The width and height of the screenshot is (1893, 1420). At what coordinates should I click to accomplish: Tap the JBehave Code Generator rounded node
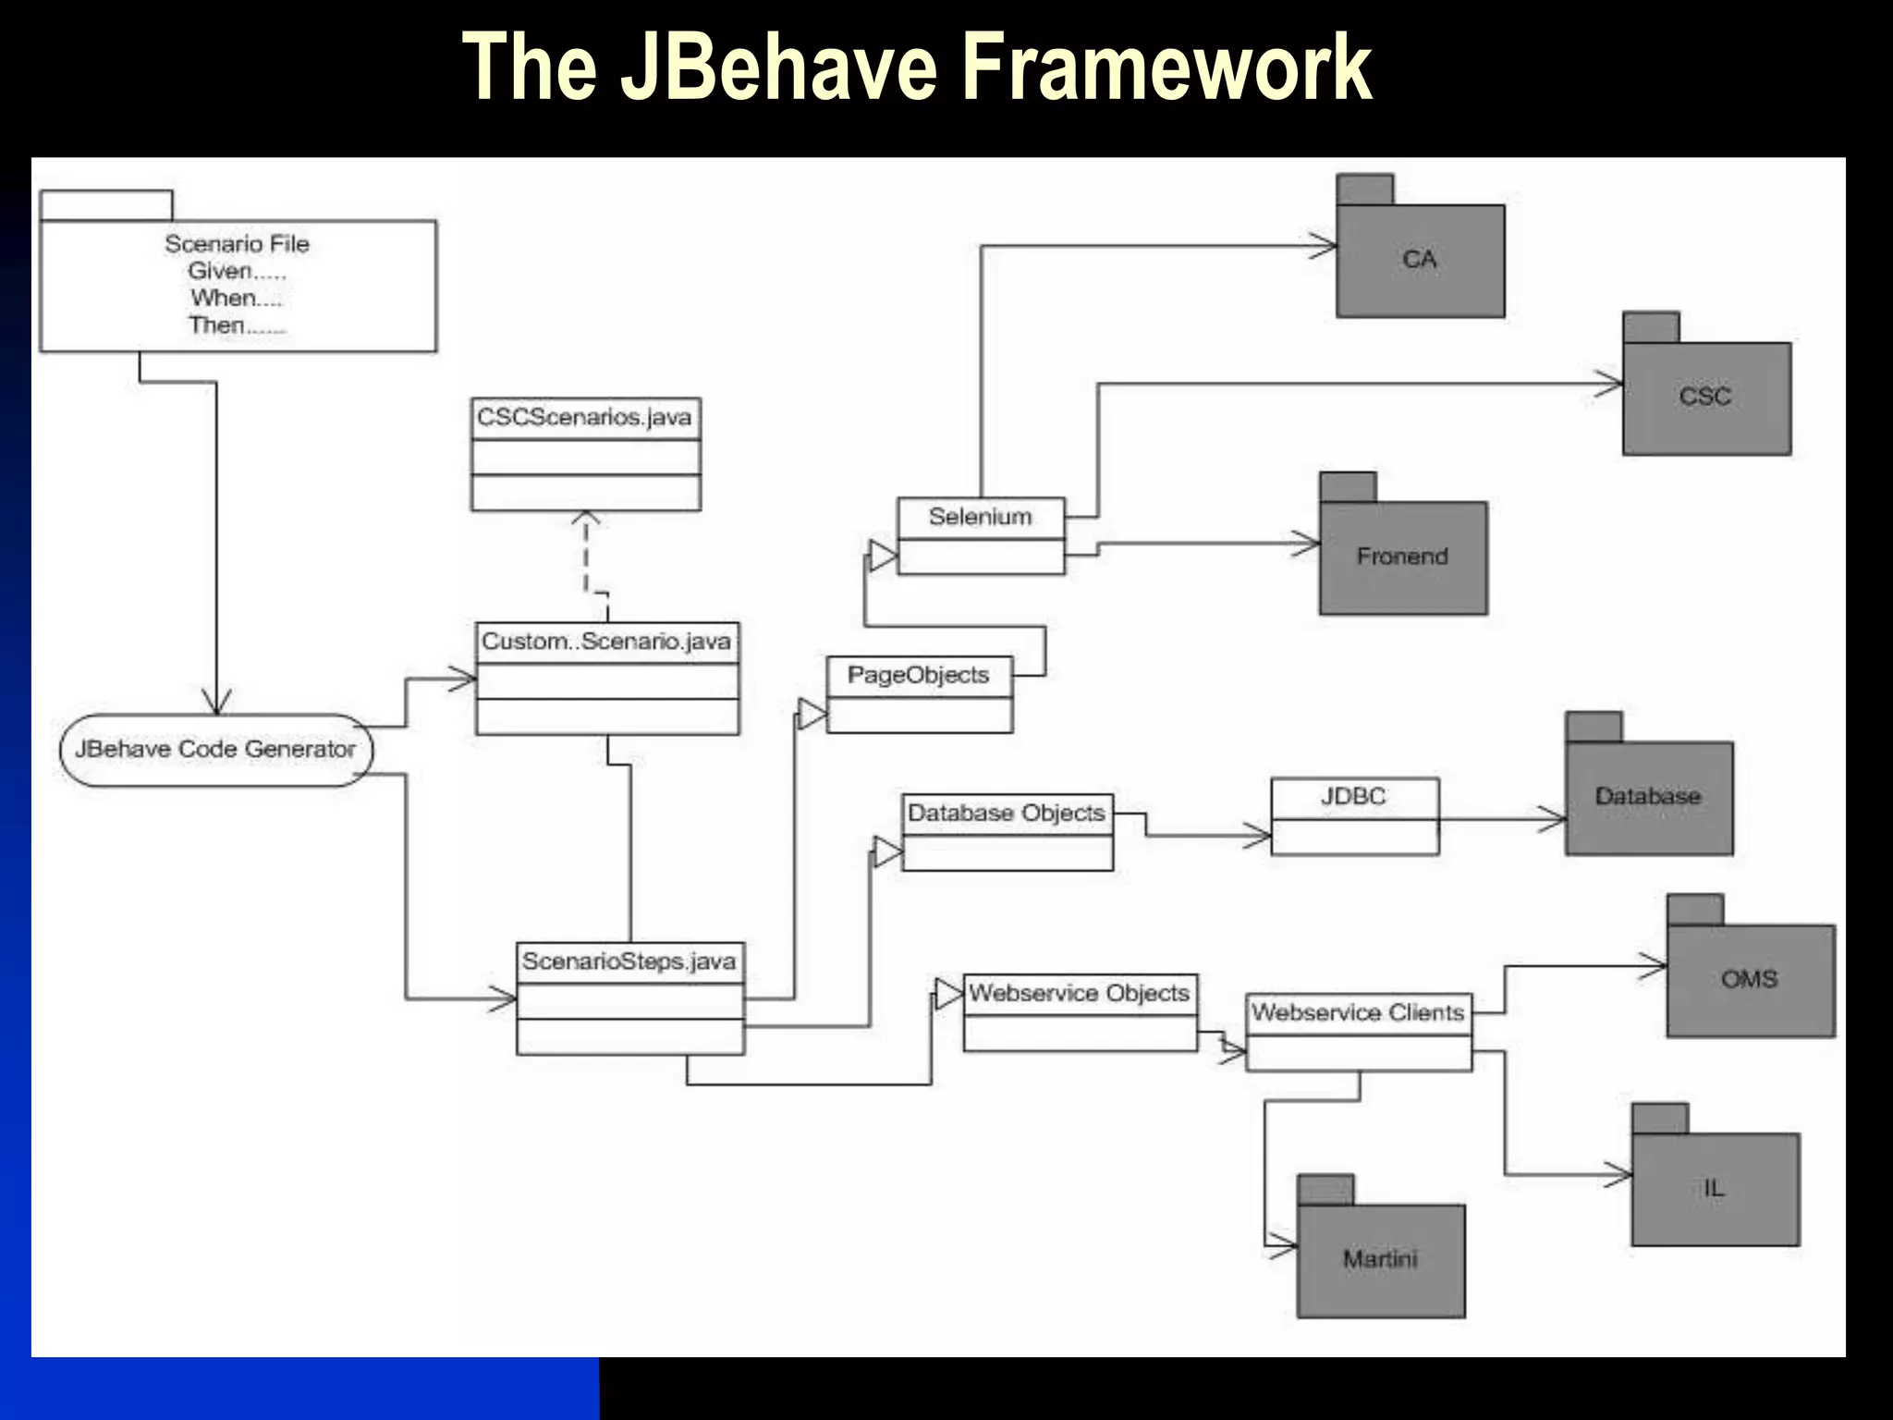point(215,750)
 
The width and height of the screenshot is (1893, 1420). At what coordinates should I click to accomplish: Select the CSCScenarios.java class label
point(584,418)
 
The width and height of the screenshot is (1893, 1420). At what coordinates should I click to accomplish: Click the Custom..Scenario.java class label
point(606,642)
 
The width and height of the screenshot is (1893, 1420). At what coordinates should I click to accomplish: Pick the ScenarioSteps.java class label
point(629,961)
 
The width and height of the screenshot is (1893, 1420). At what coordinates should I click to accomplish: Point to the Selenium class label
point(980,517)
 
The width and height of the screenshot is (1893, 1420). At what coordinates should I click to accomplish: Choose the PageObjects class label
point(918,676)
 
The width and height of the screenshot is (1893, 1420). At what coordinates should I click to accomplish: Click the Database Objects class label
point(1006,814)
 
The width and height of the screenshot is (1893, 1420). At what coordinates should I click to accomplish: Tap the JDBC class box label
point(1353,797)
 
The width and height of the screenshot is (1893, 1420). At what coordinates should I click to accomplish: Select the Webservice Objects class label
point(1079,994)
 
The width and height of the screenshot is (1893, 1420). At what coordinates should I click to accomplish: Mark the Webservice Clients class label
point(1358,1013)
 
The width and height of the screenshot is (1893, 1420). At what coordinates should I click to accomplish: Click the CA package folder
point(1420,260)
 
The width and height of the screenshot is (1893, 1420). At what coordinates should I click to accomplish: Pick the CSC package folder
point(1705,397)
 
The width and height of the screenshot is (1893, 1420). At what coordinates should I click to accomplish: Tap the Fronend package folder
point(1402,557)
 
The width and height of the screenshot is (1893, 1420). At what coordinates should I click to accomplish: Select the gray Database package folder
point(1648,797)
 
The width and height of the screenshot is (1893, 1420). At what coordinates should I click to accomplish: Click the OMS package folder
point(1750,980)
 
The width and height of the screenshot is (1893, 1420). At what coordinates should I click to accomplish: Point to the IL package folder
point(1715,1189)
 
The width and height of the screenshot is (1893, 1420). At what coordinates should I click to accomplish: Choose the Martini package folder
point(1380,1259)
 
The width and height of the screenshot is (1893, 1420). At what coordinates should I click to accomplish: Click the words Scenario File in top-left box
point(238,244)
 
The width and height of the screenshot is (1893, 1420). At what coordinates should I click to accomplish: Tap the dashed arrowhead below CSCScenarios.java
point(585,519)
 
